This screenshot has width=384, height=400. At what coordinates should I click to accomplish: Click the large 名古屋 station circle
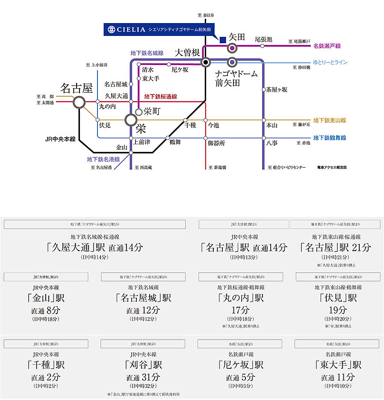tap(79, 102)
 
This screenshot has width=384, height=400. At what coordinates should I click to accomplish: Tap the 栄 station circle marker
tap(131, 120)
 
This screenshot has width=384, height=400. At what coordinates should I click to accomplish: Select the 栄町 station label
tap(151, 112)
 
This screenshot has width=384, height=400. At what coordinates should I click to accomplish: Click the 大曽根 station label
tap(187, 53)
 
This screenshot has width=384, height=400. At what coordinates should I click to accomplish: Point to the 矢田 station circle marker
tap(232, 48)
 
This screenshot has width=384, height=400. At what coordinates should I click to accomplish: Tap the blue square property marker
tap(222, 40)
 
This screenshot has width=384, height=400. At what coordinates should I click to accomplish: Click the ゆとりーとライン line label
tap(330, 62)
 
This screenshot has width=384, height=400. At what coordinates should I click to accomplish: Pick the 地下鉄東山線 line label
tap(329, 120)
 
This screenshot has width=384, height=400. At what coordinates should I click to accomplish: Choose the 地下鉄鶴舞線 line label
tap(329, 138)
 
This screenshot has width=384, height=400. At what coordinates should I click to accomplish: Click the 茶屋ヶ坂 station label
tap(277, 90)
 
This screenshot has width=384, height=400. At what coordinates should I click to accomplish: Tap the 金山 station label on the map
tap(122, 147)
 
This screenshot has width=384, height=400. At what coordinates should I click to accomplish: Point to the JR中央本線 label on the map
tap(60, 139)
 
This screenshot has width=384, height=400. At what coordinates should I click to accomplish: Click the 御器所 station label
tap(216, 143)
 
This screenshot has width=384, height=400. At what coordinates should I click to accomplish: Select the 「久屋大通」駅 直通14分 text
tap(95, 247)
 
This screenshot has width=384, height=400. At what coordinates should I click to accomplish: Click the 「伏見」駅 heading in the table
tap(337, 298)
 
